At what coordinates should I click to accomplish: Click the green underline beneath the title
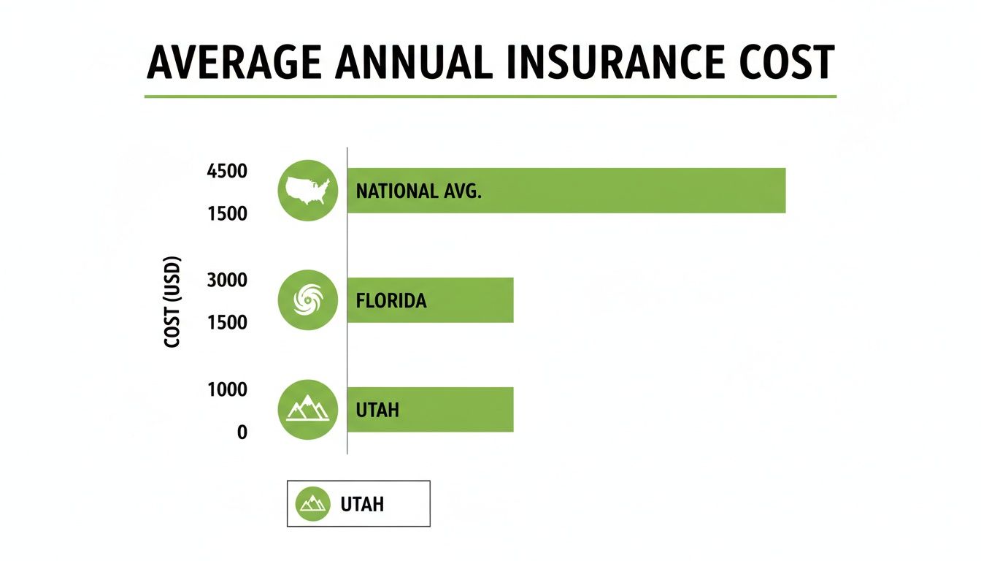click(x=490, y=96)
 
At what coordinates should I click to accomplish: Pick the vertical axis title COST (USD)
click(x=173, y=301)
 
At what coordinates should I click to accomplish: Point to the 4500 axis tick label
click(x=227, y=172)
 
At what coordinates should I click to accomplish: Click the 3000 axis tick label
click(x=227, y=280)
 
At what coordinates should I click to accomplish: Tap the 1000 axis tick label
click(x=227, y=389)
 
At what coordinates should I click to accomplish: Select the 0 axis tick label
click(x=242, y=432)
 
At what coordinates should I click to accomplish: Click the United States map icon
click(x=308, y=191)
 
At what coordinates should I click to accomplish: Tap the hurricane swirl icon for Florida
click(x=308, y=300)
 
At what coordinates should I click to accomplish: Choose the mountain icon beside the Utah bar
click(x=308, y=410)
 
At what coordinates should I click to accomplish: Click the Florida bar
click(x=467, y=300)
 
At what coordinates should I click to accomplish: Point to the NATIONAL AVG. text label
click(x=419, y=191)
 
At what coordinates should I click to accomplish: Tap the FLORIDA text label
click(x=391, y=301)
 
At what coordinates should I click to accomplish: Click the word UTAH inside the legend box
click(x=362, y=504)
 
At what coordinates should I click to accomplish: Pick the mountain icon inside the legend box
click(x=313, y=504)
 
